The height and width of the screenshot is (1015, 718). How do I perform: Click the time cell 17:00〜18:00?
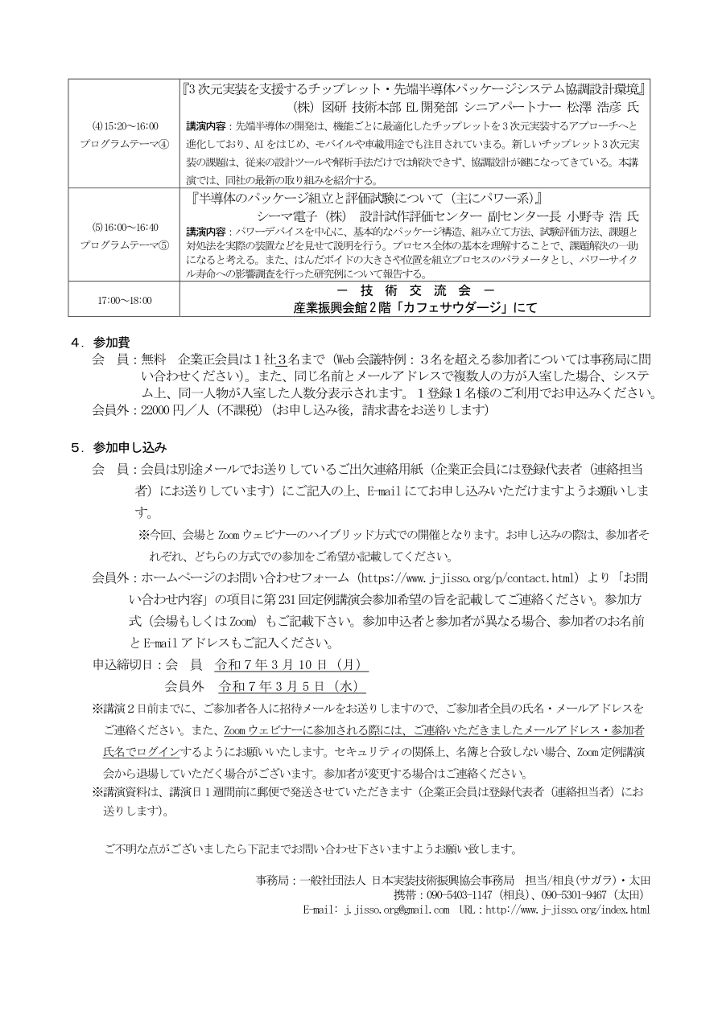[x=124, y=300]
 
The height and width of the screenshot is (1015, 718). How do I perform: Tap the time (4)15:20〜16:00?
[x=124, y=126]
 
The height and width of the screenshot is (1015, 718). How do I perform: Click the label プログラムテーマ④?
[x=124, y=143]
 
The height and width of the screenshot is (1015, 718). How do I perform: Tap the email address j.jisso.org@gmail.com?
[x=397, y=910]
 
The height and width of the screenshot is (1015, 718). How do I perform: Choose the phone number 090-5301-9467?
[x=574, y=894]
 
